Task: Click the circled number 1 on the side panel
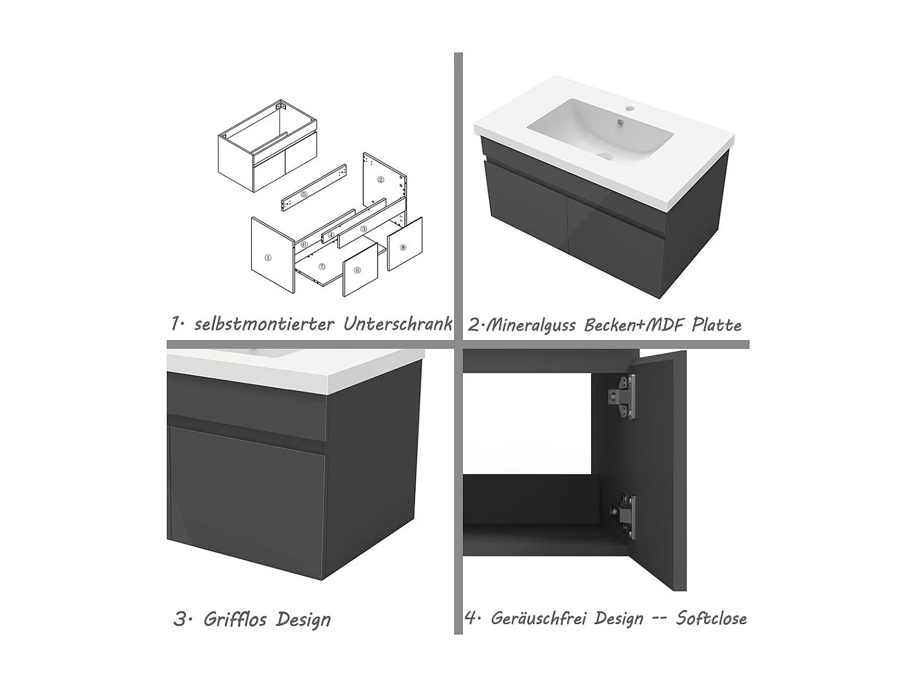tap(268, 258)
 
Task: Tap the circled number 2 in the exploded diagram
tap(380, 180)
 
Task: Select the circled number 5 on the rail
tap(304, 194)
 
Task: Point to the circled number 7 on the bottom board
tap(322, 267)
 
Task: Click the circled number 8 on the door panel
tap(357, 270)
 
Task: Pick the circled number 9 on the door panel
tap(402, 247)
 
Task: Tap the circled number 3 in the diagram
tap(364, 229)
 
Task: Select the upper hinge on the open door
tap(622, 397)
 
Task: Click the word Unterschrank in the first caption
tap(397, 324)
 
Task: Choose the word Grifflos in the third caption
tap(235, 619)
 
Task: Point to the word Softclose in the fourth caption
tap(711, 618)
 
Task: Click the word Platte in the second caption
tap(716, 325)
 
